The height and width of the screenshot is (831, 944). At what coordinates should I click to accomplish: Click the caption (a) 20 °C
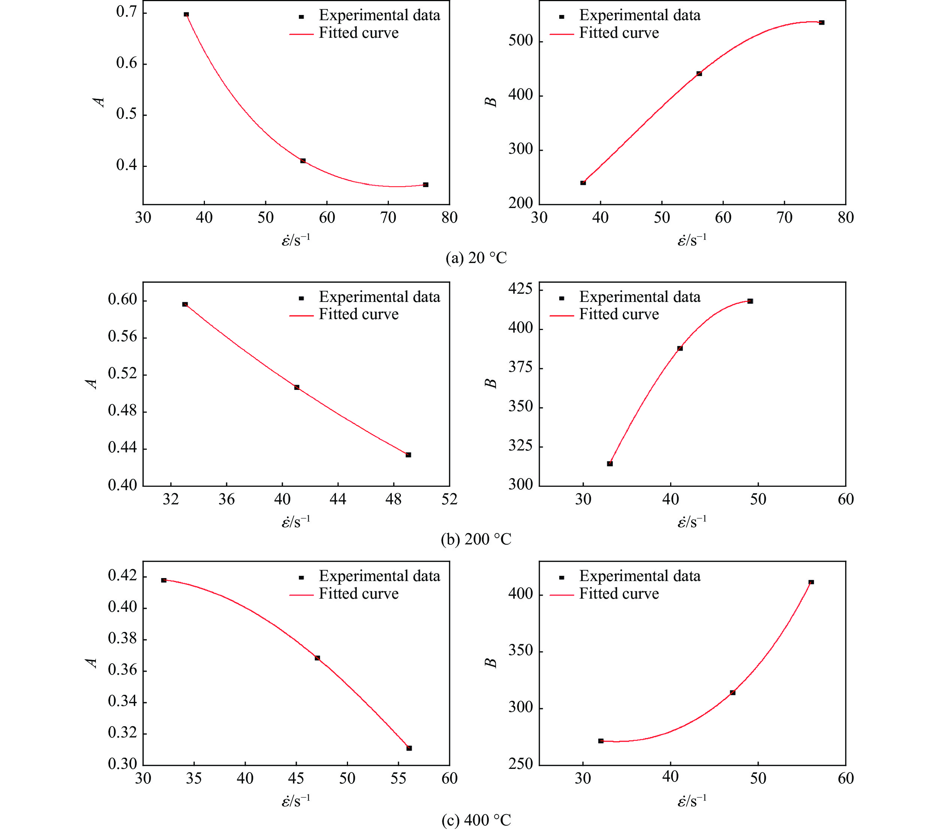[476, 257]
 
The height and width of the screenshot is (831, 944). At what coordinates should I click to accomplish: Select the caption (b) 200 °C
[476, 539]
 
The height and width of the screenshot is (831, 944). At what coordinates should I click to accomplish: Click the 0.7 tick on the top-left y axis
[127, 12]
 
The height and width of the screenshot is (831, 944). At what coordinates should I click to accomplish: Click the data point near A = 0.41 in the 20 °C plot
[303, 161]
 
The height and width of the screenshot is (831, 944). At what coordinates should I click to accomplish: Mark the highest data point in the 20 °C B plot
[822, 22]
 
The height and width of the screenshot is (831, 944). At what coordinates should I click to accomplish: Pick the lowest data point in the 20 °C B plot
[583, 183]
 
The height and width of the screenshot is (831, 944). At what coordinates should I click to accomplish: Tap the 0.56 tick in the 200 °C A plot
[122, 337]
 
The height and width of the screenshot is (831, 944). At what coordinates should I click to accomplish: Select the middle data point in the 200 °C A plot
[297, 387]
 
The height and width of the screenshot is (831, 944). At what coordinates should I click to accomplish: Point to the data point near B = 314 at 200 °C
[609, 464]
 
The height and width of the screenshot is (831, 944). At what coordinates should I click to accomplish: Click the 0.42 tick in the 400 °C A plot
[122, 575]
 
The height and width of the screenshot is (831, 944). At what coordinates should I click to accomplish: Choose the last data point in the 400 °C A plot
[409, 748]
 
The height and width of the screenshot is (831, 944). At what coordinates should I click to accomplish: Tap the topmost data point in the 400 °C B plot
[811, 582]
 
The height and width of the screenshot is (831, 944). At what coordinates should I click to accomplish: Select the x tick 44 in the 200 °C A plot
[338, 499]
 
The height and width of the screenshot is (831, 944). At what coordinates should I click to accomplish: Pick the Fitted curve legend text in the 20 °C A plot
[358, 33]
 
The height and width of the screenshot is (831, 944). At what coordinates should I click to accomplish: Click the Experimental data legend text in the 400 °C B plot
[640, 576]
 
